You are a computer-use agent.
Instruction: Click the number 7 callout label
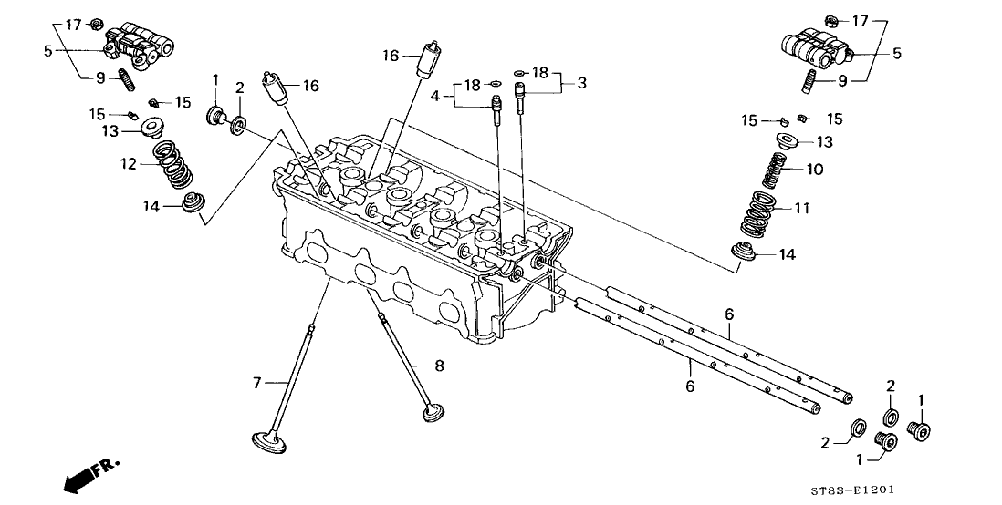257,383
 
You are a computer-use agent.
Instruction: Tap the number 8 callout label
439,366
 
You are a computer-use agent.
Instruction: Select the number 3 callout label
581,82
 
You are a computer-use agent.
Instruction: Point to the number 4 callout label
435,97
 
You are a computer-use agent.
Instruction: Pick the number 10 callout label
815,170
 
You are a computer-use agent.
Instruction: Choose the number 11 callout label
802,208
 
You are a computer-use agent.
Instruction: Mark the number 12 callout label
129,164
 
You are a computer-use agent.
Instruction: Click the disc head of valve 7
267,442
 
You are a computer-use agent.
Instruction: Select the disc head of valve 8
433,412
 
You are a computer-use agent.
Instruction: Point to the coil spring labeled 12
173,165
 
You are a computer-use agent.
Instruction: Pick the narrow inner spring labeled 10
773,169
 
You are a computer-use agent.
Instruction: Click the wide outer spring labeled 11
758,214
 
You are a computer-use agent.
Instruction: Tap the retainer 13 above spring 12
151,127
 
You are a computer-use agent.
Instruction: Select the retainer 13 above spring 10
786,140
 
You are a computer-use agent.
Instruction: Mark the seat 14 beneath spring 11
744,252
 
